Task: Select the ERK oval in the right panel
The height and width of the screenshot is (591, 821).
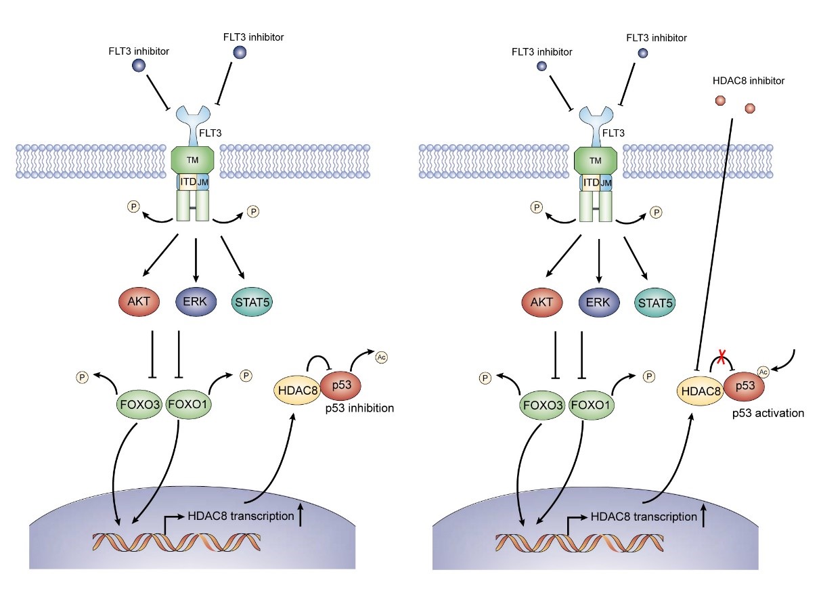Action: coord(598,301)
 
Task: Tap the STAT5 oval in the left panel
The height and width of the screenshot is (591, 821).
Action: coord(252,301)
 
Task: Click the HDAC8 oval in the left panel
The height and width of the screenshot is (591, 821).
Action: coord(296,390)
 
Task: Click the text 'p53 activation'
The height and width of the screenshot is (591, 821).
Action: coord(768,413)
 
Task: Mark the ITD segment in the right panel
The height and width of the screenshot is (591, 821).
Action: coord(590,183)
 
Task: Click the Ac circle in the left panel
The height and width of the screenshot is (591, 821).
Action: coord(381,357)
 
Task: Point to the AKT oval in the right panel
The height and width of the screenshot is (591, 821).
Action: coord(541,301)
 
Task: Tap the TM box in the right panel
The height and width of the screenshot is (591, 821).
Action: coord(596,160)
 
